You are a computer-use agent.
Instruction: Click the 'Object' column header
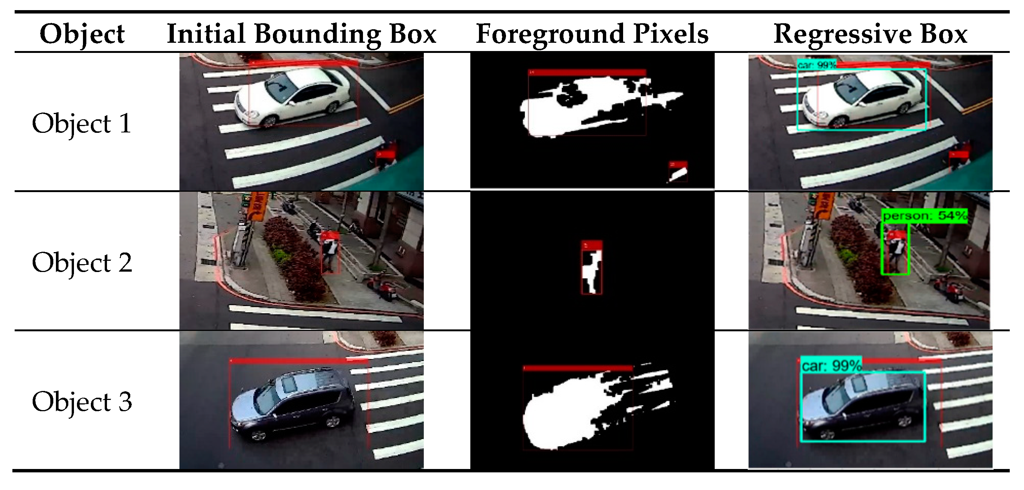coord(82,34)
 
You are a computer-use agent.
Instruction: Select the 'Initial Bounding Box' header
coord(301,34)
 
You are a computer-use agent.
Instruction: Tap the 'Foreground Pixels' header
coord(592,34)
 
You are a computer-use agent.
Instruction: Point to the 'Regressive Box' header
coord(870,34)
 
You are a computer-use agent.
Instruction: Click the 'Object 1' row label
coord(81,123)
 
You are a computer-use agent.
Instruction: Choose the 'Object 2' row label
coord(81,263)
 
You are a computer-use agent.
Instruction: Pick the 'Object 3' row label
coord(81,402)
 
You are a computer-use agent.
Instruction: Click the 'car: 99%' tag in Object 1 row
coord(816,65)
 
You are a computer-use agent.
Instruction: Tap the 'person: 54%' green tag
coord(924,216)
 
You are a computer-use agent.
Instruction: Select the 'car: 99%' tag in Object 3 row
coord(831,365)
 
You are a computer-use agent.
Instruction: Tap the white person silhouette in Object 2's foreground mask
coord(592,272)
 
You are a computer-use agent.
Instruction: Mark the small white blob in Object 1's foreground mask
coord(678,174)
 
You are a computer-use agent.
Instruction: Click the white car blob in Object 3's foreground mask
coord(565,413)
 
